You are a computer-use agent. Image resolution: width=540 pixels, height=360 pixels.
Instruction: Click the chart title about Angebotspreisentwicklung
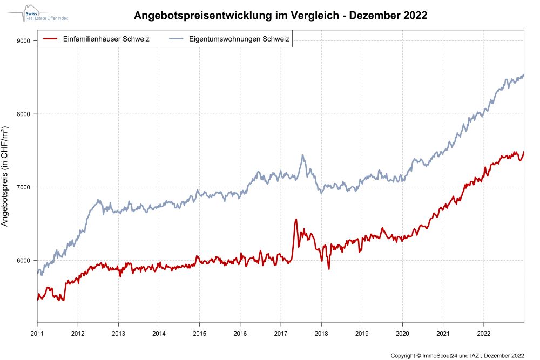tap(280, 16)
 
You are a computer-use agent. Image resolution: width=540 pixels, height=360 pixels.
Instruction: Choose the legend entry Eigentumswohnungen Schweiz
tap(239, 39)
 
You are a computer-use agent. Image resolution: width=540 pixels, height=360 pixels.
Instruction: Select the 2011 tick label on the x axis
tap(37, 332)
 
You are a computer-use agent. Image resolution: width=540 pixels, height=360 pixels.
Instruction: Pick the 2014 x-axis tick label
tap(159, 332)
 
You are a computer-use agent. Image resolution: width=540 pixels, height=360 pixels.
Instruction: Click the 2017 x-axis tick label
tap(280, 332)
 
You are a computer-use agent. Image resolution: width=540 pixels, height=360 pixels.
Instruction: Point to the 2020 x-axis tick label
tap(402, 332)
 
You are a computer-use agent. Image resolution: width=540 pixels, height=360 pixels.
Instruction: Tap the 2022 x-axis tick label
tap(483, 332)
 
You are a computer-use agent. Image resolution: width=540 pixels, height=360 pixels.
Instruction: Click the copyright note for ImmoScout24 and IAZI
tap(457, 355)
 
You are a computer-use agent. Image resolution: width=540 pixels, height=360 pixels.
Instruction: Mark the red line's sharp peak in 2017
tap(296, 219)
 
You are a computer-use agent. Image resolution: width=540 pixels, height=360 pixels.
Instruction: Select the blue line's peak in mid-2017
tap(302, 155)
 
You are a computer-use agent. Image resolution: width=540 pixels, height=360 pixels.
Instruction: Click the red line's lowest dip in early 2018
tap(328, 268)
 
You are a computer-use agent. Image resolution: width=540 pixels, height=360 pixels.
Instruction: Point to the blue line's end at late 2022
tap(523, 76)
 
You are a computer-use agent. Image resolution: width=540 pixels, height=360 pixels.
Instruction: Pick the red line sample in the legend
tap(50, 39)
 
